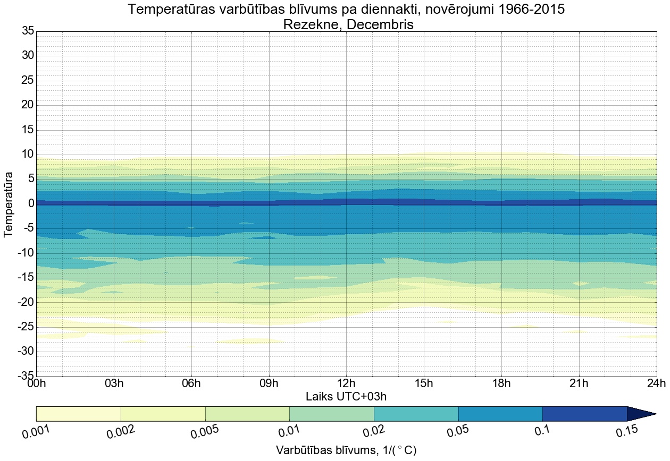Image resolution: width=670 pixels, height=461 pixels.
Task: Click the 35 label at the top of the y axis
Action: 28,31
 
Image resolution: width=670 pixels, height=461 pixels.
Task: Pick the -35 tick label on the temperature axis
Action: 25,377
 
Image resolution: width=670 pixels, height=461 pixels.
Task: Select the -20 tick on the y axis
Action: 25,302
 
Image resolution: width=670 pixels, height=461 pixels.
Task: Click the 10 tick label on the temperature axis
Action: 28,155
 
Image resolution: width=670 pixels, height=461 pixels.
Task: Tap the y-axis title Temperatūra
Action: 9,204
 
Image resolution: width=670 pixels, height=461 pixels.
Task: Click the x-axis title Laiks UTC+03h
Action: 346,397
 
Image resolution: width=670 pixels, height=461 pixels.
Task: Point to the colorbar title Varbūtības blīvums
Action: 346,450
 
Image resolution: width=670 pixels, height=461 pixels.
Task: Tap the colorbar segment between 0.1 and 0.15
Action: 584,414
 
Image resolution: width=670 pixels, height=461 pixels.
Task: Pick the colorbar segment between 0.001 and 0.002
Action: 79,414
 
